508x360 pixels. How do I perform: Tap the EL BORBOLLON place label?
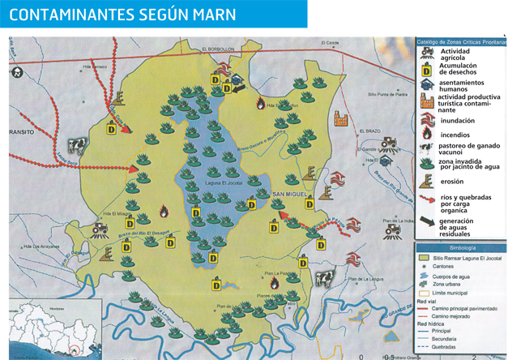point(219,48)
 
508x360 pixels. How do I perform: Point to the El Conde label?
point(329,43)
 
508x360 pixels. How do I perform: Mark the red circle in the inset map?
point(75,350)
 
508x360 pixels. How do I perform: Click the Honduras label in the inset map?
point(55,311)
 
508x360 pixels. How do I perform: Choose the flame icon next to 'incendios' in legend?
point(425,135)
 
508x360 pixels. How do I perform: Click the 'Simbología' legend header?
point(459,246)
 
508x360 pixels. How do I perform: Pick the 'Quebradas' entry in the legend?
point(450,347)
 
